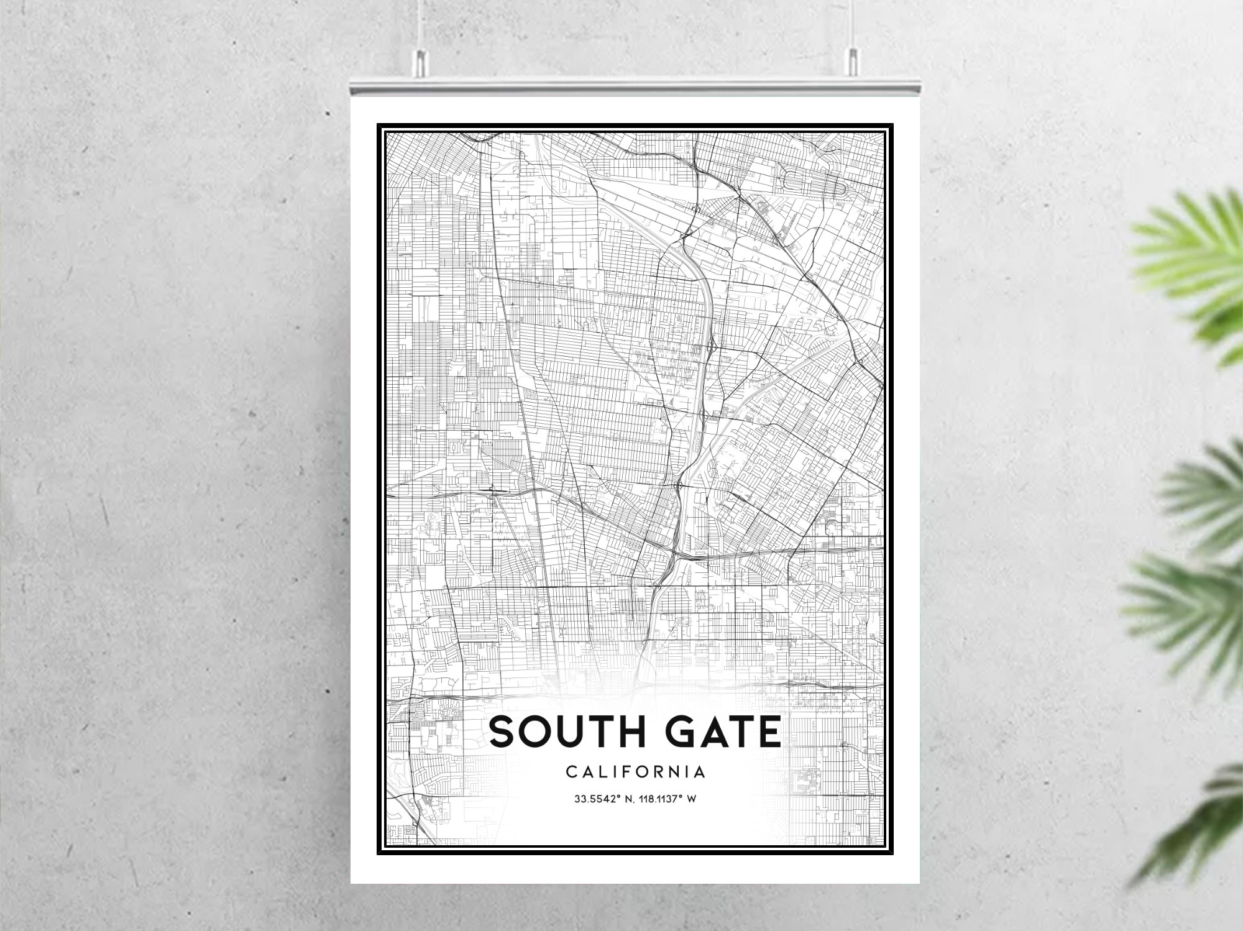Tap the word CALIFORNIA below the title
point(635,772)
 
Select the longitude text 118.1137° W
point(666,799)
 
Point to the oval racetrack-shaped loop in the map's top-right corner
point(814,183)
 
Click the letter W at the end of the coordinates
point(691,799)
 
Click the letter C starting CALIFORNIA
point(571,772)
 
